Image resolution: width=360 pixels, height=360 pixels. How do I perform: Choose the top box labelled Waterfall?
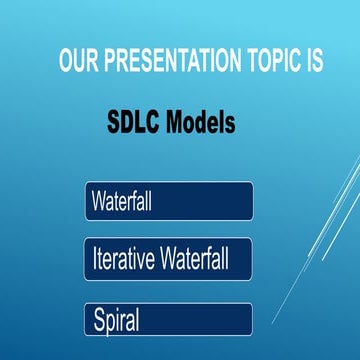click(x=168, y=200)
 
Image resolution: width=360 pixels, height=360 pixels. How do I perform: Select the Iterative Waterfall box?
click(x=168, y=259)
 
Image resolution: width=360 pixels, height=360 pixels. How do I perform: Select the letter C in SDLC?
click(x=158, y=124)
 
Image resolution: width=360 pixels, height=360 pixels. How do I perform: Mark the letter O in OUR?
click(x=66, y=61)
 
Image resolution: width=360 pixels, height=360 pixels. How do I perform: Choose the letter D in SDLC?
click(x=128, y=124)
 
